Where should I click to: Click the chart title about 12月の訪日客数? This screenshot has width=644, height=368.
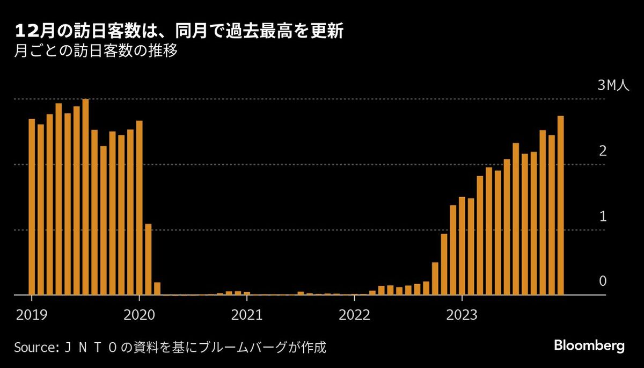[x=180, y=32]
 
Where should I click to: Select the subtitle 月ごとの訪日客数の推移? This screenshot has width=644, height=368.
[x=96, y=53]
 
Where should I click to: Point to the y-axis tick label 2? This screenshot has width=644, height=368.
[x=603, y=151]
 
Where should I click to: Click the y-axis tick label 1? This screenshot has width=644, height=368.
[x=603, y=217]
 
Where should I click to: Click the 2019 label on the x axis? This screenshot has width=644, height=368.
[x=32, y=314]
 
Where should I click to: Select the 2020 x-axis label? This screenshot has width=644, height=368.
[x=139, y=314]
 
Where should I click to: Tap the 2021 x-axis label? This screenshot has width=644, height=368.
[x=247, y=314]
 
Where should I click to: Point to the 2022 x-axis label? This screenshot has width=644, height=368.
[x=354, y=314]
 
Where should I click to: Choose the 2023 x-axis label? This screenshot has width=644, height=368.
[x=462, y=314]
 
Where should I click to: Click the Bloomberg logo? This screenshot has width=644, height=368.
[x=589, y=345]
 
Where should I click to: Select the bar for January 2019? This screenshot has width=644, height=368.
[x=32, y=207]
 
